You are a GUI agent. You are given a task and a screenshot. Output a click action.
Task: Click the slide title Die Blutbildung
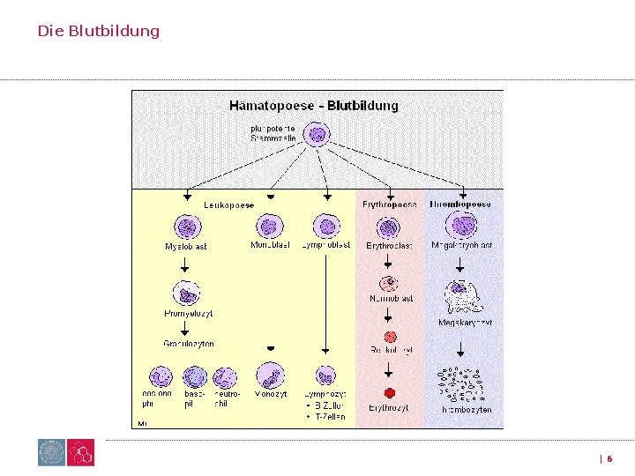tap(98, 31)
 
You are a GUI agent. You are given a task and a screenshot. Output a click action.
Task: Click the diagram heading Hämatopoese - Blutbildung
tap(313, 106)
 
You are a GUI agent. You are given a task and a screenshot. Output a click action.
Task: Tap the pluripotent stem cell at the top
tap(316, 135)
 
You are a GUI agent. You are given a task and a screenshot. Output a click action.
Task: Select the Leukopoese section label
tap(228, 205)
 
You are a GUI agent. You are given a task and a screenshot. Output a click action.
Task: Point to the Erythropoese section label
tap(390, 205)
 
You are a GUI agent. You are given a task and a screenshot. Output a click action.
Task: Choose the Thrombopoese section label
tap(460, 205)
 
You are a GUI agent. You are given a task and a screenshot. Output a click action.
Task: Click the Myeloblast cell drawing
tap(187, 227)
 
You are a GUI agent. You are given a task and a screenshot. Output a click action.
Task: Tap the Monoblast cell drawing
tap(271, 226)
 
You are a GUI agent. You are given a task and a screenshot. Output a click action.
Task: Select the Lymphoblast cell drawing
tap(326, 226)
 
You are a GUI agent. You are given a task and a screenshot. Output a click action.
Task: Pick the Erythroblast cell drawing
tap(389, 227)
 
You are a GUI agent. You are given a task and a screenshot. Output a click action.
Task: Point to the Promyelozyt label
tap(188, 313)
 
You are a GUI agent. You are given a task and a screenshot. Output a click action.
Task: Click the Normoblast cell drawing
tap(389, 283)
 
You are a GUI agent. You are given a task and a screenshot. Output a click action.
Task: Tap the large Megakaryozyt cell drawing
tap(461, 297)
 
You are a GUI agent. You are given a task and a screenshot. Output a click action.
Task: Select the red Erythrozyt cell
tap(389, 392)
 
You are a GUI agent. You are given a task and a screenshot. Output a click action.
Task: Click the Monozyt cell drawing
tap(271, 376)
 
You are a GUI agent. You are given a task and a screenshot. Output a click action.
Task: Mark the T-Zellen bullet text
tap(328, 416)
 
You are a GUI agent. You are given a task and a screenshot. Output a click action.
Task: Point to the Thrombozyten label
tap(467, 410)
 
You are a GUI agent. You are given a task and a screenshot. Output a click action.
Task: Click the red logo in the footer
tap(81, 453)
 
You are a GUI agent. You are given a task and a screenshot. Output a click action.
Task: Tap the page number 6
tap(609, 458)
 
